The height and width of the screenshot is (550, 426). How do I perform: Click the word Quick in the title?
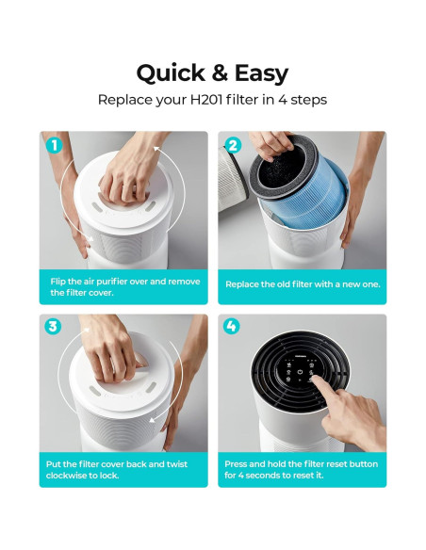point(171,73)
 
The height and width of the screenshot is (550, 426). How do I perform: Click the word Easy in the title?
point(261,74)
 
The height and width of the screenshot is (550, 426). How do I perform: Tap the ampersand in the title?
point(220,73)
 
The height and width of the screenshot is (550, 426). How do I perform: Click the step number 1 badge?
point(55,145)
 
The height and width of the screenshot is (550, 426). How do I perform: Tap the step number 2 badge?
point(233,145)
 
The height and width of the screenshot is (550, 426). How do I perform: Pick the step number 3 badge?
point(53,327)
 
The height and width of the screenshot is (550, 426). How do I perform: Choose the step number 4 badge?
point(232,327)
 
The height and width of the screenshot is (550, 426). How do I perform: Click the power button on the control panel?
point(300,372)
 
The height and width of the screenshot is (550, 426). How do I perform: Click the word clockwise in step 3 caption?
point(66,476)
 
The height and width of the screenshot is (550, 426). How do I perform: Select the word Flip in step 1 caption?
point(57,282)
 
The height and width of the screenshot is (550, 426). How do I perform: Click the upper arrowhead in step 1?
point(156,150)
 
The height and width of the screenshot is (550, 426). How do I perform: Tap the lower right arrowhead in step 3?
point(153,420)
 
